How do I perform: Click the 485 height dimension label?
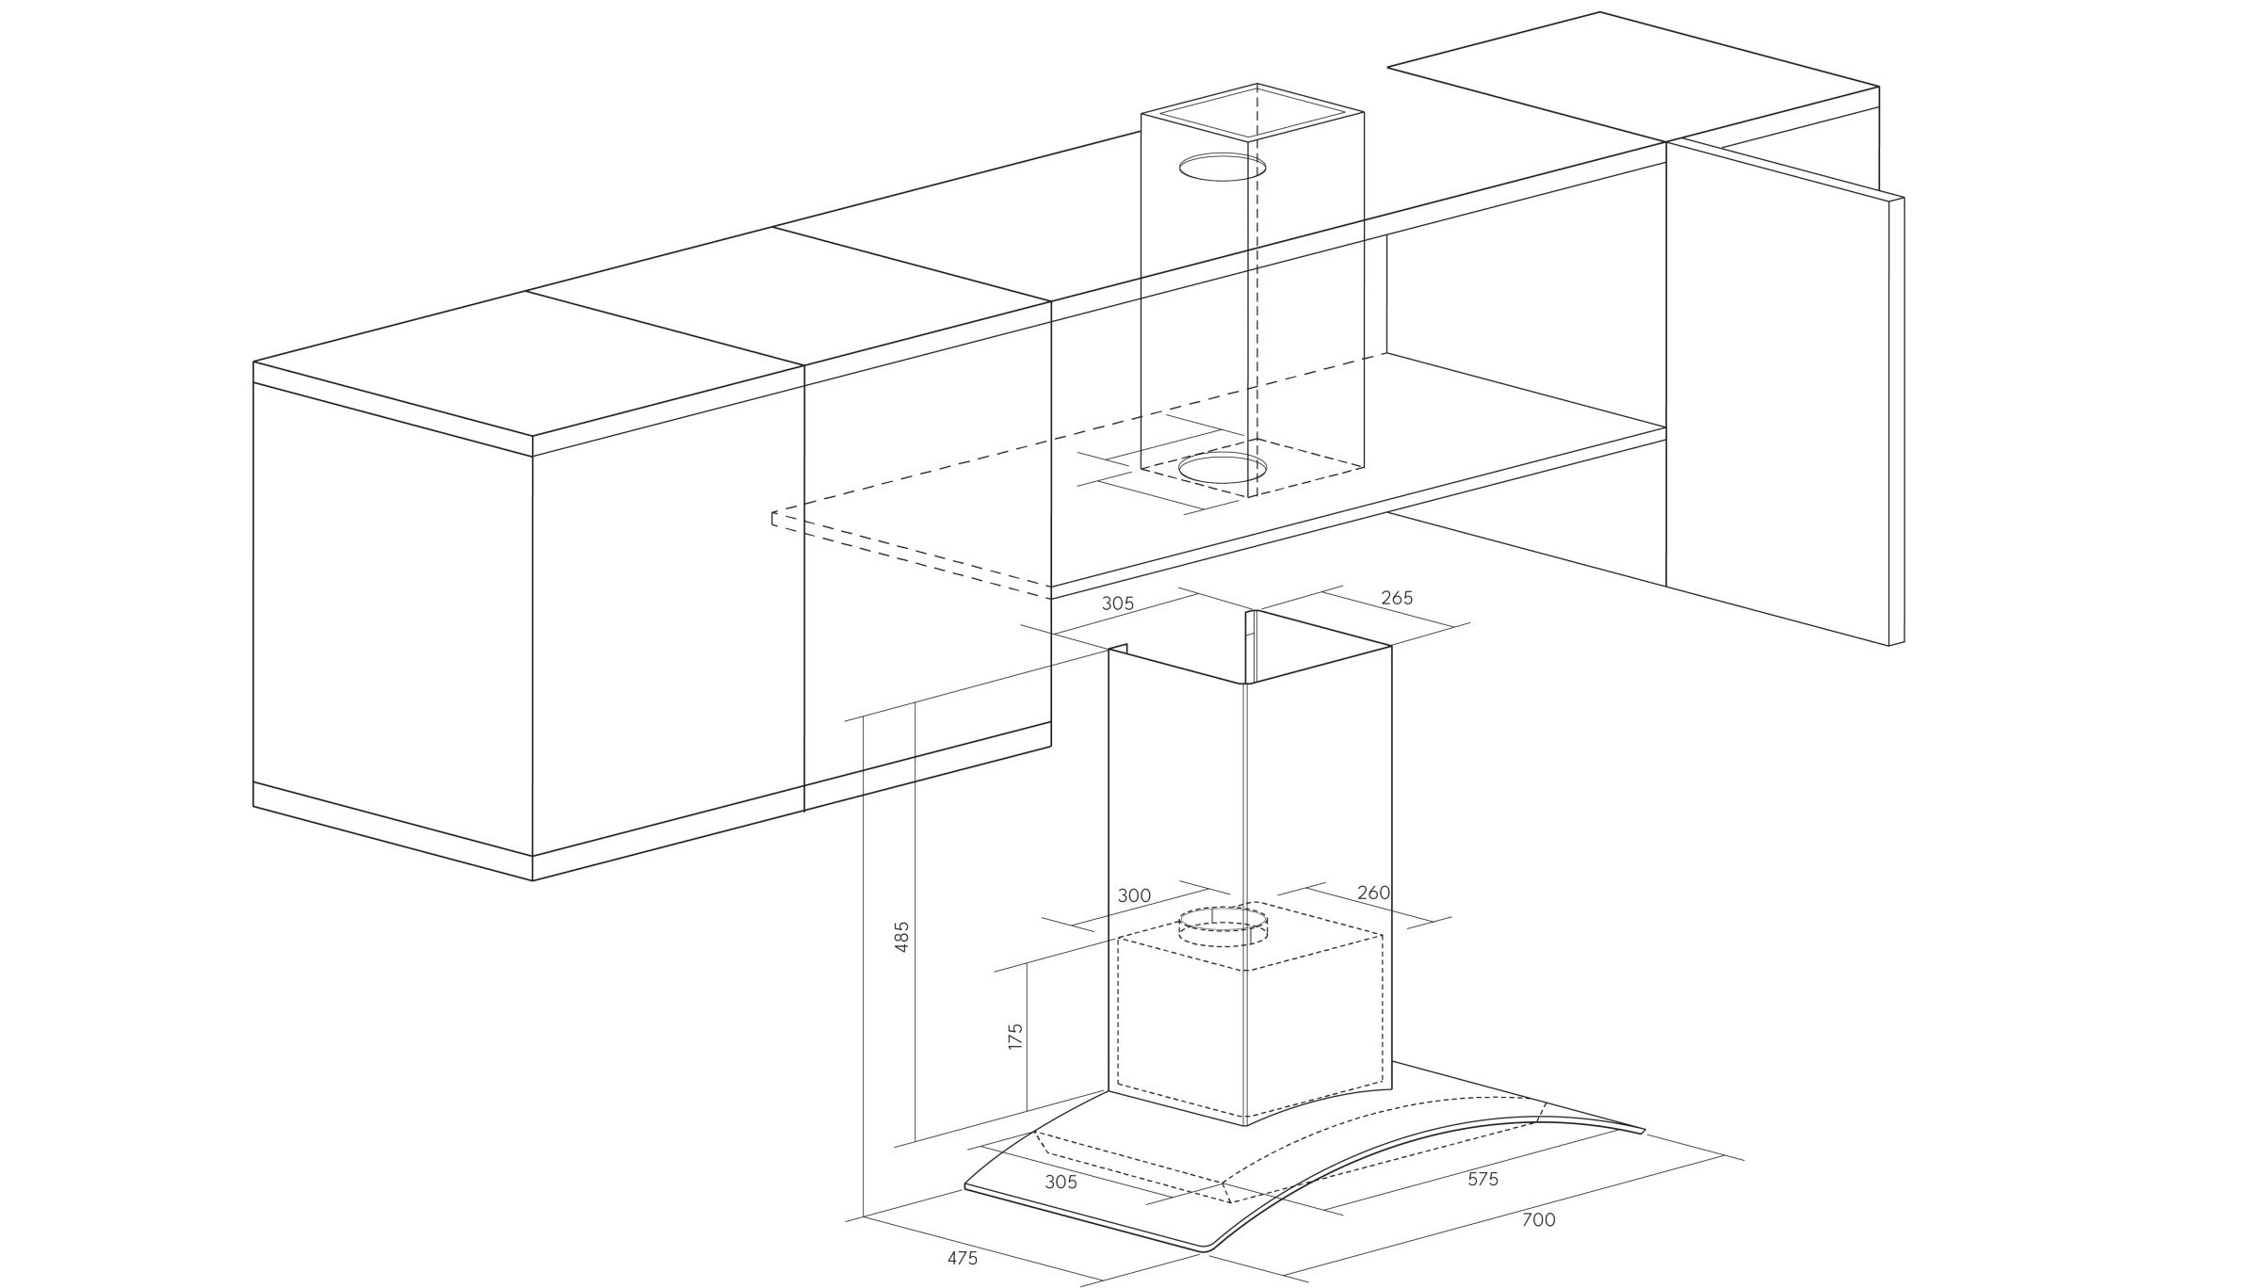tap(901, 937)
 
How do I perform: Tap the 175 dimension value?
tap(1014, 1037)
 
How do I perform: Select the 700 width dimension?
tap(1538, 1220)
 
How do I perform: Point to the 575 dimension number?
tap(1482, 1179)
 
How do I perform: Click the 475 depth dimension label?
tap(962, 1258)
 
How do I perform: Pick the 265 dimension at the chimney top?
tap(1397, 598)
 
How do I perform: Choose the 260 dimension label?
tap(1374, 893)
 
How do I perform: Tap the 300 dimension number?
tap(1134, 895)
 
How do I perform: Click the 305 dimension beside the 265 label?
tap(1118, 604)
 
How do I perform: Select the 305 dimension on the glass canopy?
tap(1061, 1182)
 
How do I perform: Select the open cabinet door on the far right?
tap(1785, 393)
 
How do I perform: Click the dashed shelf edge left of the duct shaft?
tap(911, 556)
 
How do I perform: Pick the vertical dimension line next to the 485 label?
tap(915, 920)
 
